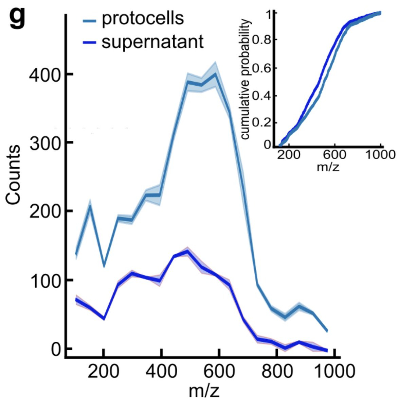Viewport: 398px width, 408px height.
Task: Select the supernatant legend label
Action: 152,42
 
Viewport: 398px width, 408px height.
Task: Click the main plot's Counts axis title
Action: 13,175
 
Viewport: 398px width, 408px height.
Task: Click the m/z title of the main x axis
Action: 204,391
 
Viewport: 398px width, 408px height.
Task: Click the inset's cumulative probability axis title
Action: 247,79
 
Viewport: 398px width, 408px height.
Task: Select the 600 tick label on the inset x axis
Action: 334,155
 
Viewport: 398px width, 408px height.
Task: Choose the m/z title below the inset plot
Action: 328,168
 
